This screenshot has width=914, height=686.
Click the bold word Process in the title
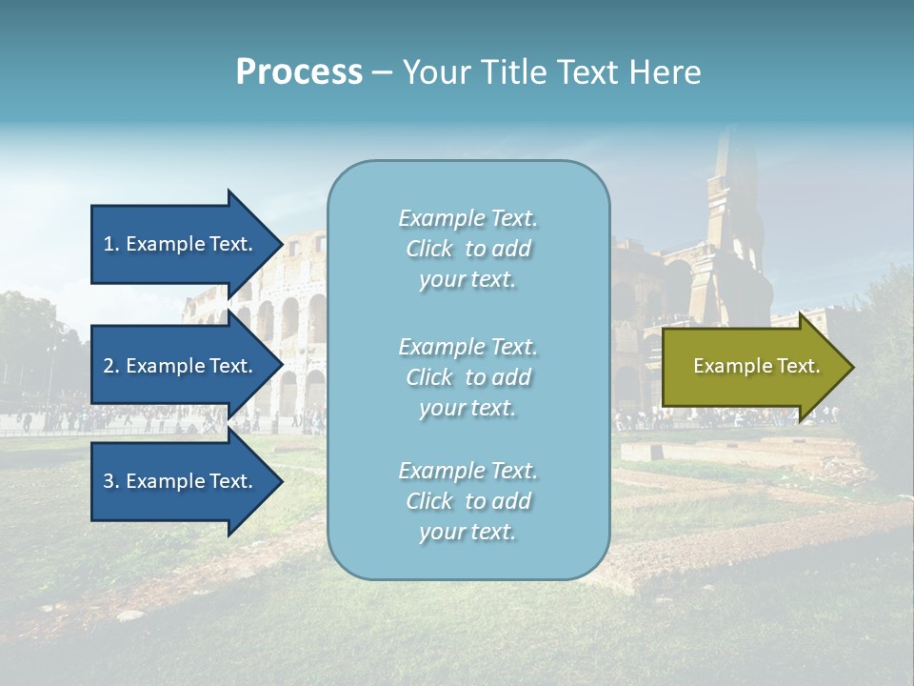click(299, 72)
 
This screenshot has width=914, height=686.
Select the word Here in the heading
click(663, 72)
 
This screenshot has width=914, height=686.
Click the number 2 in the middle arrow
click(109, 366)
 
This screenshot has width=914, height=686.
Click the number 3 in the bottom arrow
click(109, 481)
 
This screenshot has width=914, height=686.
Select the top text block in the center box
click(467, 249)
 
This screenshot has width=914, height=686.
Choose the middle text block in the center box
click(467, 377)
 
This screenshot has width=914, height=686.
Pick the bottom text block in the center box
click(467, 501)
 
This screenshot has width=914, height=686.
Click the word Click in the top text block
click(429, 249)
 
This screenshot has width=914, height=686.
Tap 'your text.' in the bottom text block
click(467, 532)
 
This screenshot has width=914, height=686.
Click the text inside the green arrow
click(756, 366)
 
